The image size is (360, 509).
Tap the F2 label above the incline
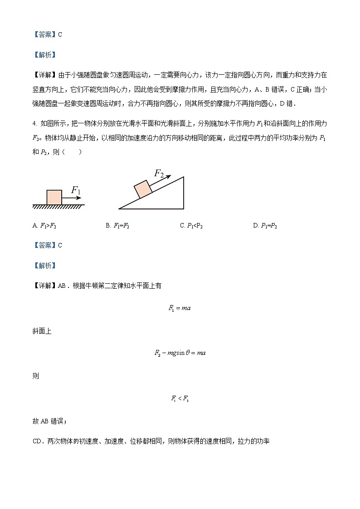[x=159, y=173]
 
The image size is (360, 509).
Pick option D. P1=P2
[x=265, y=226]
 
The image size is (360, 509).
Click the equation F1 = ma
[x=180, y=308]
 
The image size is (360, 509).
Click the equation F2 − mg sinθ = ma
[x=180, y=353]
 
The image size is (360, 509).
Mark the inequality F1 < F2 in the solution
[x=180, y=398]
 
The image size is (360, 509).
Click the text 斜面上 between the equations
[x=42, y=331]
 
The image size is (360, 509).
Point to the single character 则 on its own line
[x=36, y=376]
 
